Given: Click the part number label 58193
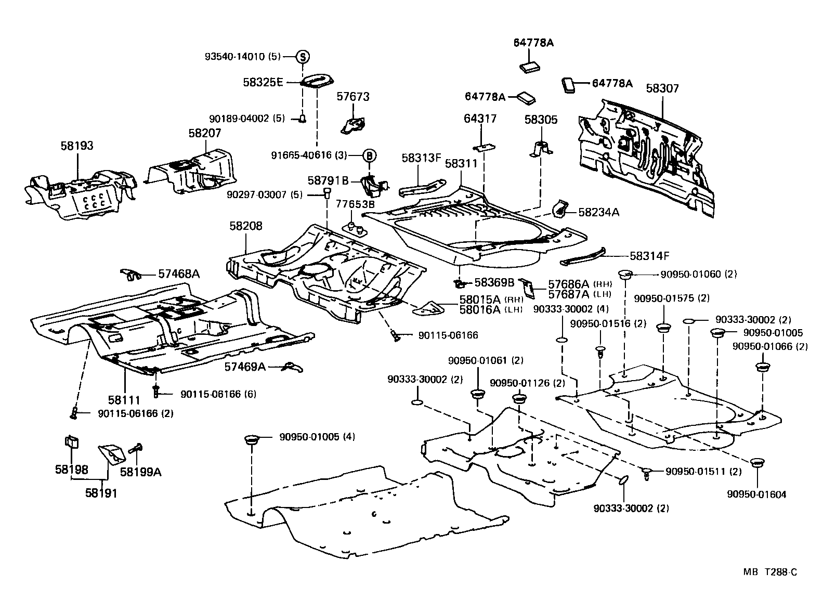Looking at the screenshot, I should coord(76,146).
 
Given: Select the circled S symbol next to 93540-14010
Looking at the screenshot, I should coord(303,57).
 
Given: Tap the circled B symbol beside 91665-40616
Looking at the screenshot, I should coord(369,155).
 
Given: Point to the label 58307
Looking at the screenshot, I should coord(662,88).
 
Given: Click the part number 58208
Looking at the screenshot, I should coord(246,226).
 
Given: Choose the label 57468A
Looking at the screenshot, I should coord(179,274).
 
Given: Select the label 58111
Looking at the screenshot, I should coord(124,400).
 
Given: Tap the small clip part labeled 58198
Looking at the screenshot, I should coord(71,441).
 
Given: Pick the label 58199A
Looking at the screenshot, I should coord(140,472).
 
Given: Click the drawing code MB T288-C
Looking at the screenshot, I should coord(769,572).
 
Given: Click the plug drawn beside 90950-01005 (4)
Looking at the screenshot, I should coord(252,441).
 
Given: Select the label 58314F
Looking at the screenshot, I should coord(649,256).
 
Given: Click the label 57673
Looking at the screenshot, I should coord(353,96).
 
